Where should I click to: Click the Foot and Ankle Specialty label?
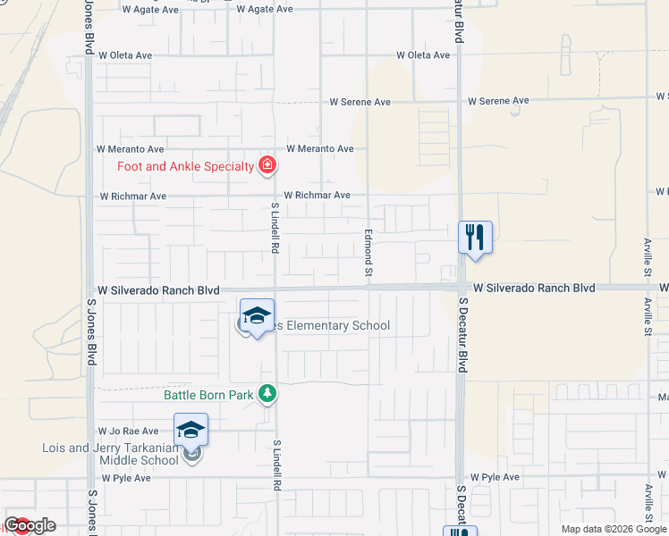186,166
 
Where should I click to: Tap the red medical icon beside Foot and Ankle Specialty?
267,165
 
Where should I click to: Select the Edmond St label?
367,251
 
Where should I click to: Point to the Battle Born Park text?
209,394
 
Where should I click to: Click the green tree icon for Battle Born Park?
267,394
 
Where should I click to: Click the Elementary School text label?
333,325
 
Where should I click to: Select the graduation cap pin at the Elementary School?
257,316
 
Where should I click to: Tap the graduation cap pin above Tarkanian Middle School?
191,431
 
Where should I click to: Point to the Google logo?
30,525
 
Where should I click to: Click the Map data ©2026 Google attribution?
614,529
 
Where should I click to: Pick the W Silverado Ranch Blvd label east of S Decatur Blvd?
535,289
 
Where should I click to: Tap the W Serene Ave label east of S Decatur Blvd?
498,102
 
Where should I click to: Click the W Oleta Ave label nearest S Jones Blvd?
125,55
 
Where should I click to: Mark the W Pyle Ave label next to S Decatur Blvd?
495,478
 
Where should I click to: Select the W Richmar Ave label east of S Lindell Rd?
318,195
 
